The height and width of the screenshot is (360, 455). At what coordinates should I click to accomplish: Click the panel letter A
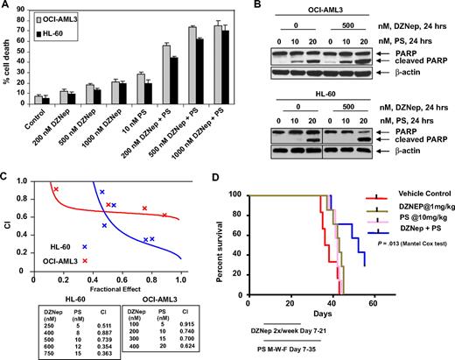(x=7, y=7)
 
